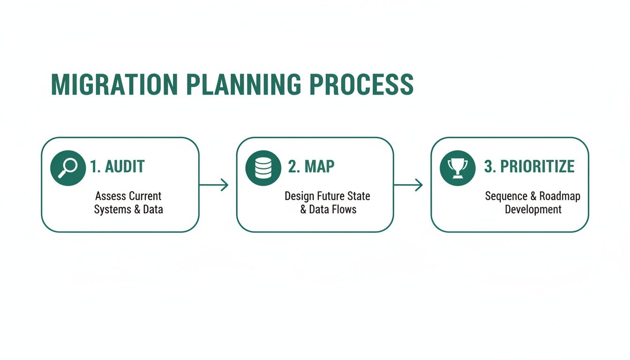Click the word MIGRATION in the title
coord(114,85)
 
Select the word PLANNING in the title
coord(243,85)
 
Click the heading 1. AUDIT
coord(118,167)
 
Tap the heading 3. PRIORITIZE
coord(529,167)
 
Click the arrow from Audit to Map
coord(214,185)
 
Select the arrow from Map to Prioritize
coord(408,185)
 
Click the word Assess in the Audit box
coord(111,196)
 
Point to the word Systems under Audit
coord(112,210)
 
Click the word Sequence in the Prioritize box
coord(505,196)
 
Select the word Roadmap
coord(560,196)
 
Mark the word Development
coord(533,210)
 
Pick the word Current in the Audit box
coord(145,196)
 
